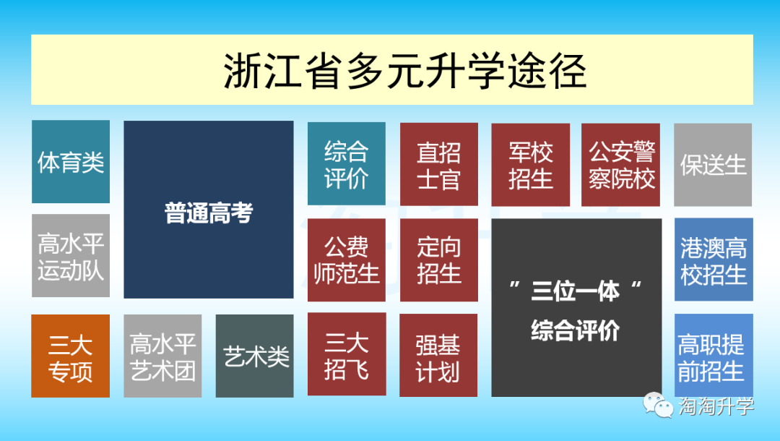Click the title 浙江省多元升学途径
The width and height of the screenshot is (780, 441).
point(405,71)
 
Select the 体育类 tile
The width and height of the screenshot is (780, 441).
point(71,162)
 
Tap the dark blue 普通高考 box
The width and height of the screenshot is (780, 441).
point(209,210)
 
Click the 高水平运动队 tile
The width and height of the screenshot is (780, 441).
point(71,256)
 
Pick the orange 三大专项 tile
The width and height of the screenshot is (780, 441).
point(71,356)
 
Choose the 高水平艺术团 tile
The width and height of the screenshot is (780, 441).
point(162,356)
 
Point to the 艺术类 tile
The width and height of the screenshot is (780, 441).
point(255,356)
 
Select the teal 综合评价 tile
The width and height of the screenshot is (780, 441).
point(347,164)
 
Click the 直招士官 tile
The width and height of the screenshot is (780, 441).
point(439,164)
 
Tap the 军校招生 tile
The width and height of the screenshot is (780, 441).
point(531,165)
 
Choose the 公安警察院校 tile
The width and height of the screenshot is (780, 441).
point(621,165)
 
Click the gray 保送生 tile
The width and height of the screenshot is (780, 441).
point(713,165)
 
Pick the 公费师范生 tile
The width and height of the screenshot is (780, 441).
point(347,260)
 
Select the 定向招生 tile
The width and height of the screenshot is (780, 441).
point(439,260)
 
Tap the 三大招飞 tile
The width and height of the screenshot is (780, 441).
point(347,354)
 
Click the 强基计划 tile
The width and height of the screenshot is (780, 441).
point(438,356)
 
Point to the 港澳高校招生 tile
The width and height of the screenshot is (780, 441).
point(714,260)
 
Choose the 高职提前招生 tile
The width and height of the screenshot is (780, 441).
point(714,356)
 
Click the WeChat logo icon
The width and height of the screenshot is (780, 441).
point(658,405)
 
